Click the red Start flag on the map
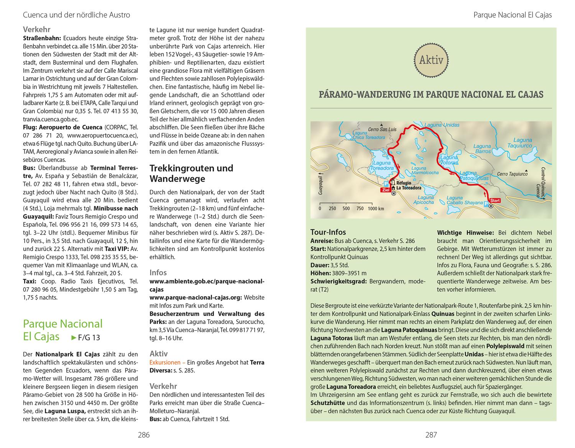coord(495,200)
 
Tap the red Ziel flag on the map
coord(385,190)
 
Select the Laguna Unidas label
coord(442,125)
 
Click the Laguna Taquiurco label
coord(522,143)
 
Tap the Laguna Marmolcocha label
coord(425,170)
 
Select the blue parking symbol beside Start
coord(486,205)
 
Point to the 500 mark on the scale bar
coord(346,209)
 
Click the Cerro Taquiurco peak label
coord(512,174)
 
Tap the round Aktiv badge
coord(431,60)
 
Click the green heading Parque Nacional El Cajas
coord(62,330)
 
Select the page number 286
coord(143,435)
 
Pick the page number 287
coord(431,435)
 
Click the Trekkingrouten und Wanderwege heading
coord(191,173)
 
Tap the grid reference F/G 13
coord(88,337)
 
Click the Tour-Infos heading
coord(328,232)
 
